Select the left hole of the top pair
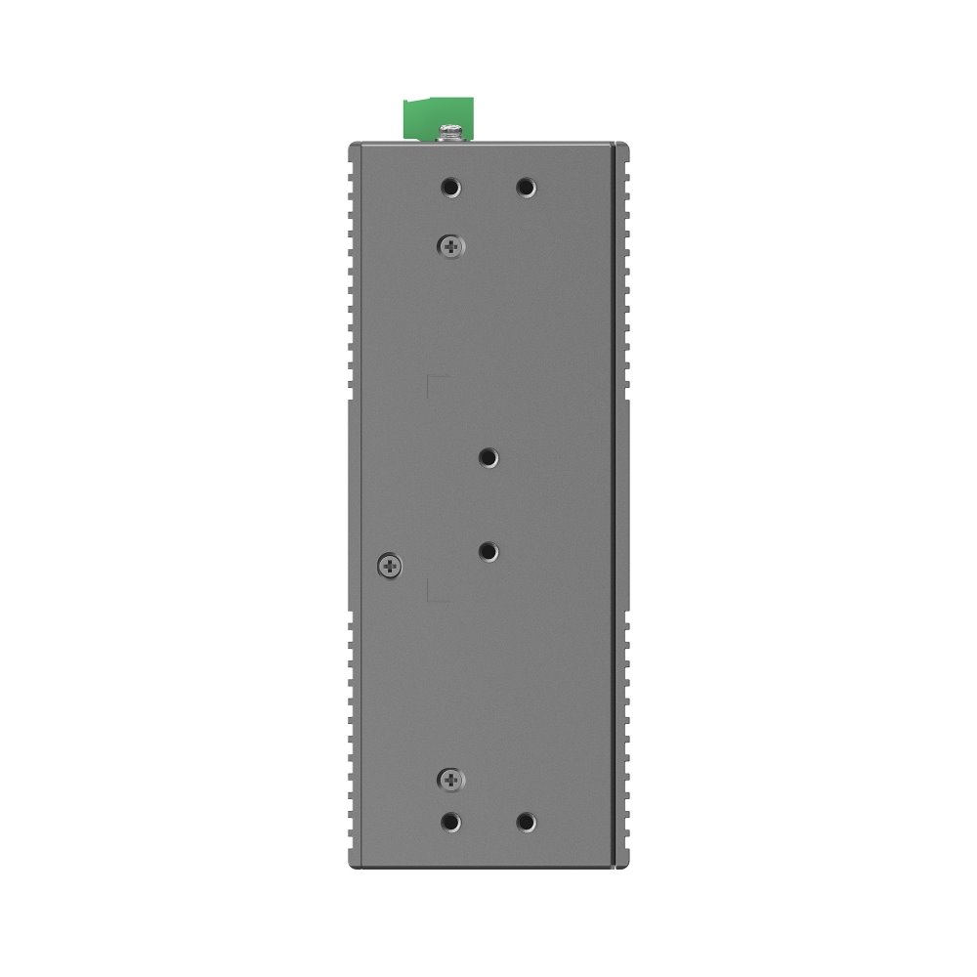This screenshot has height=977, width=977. coord(450,186)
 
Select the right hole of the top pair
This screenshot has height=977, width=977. coord(526,186)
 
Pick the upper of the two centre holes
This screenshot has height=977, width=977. coord(488,456)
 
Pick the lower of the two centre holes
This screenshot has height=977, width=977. coord(488,552)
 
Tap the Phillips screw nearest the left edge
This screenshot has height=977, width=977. coord(389,564)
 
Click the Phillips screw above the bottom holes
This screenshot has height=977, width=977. coord(450,779)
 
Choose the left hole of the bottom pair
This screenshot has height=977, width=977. coord(450,822)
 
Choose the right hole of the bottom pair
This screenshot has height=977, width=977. coord(526,822)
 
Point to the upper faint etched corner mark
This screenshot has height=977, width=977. coord(436,381)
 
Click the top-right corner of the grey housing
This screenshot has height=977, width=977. coord(628,144)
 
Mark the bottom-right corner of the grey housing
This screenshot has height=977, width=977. coord(628,868)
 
